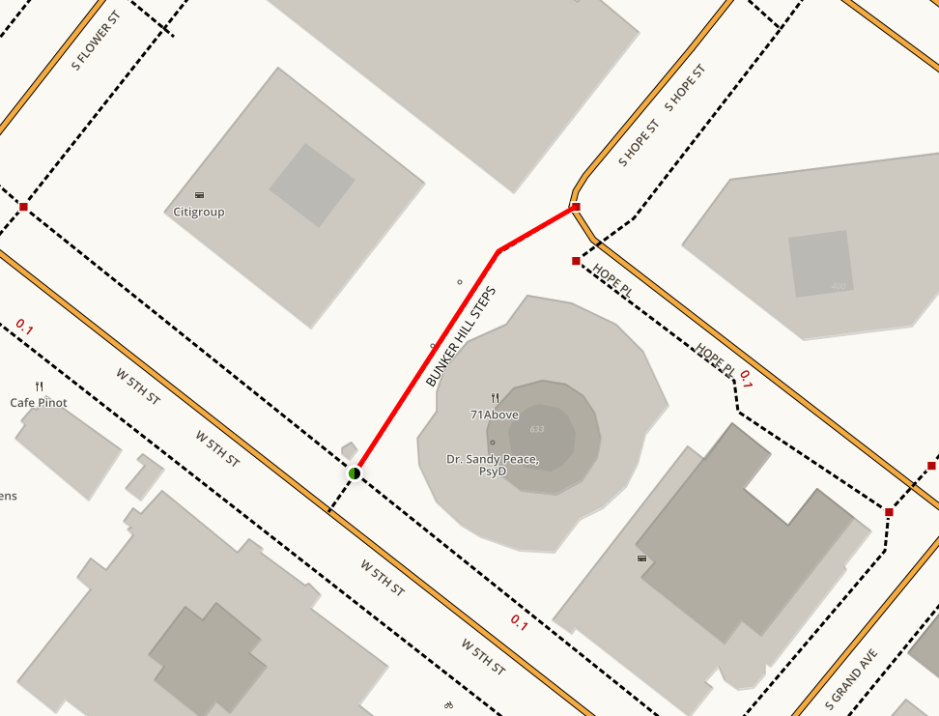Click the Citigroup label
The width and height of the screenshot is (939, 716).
(x=199, y=212)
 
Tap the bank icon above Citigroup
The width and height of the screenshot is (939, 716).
(x=199, y=195)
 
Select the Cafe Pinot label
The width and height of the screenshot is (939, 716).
(x=39, y=402)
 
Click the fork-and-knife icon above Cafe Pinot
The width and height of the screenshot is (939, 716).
(x=39, y=387)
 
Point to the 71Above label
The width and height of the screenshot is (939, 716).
(x=495, y=415)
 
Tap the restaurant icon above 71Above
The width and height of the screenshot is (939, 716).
(x=495, y=397)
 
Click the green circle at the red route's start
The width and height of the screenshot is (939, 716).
(x=355, y=473)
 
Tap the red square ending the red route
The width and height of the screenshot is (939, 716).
(x=576, y=207)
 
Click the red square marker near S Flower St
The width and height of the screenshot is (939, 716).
(x=23, y=207)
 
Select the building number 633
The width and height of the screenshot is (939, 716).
(x=537, y=429)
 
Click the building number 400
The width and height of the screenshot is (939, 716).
(x=839, y=287)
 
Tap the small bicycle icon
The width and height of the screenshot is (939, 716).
(x=447, y=706)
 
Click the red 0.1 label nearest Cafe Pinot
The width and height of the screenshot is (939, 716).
(x=24, y=329)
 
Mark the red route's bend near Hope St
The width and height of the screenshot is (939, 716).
(x=498, y=251)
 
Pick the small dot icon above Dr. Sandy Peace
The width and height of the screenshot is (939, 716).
(x=493, y=444)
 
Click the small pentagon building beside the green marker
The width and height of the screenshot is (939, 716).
(x=349, y=449)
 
